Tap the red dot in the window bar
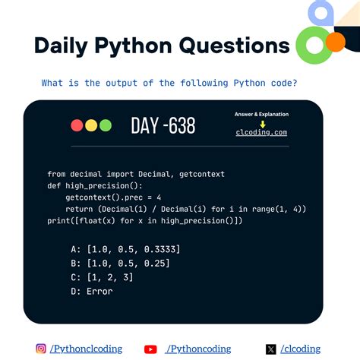(77, 125)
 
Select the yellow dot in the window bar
(91, 125)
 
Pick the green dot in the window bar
(106, 125)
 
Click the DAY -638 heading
(163, 125)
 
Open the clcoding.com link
(261, 132)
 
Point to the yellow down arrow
(262, 123)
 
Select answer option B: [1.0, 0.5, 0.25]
(120, 263)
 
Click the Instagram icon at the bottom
(41, 349)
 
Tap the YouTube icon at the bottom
(150, 349)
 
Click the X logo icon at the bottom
(271, 349)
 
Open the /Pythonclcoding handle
(85, 349)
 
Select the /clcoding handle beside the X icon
(302, 349)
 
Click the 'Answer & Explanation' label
(262, 115)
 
